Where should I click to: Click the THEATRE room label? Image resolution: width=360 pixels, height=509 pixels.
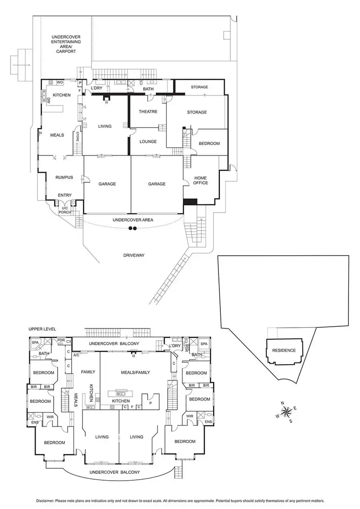click(148, 112)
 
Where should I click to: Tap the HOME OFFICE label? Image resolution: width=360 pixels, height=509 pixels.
click(200, 180)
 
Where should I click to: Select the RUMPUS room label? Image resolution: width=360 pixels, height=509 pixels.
click(64, 178)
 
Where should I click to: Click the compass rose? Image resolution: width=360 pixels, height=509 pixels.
click(286, 412)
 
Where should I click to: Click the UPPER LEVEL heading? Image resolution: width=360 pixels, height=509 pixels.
click(42, 329)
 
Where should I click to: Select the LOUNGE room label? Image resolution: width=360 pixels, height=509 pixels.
click(148, 142)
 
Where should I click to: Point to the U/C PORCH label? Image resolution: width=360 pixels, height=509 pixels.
click(64, 209)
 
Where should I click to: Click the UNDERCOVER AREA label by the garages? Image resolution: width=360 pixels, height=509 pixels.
click(133, 220)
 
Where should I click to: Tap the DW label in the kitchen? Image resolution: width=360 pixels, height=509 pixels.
click(48, 101)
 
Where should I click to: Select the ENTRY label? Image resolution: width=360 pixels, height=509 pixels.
click(64, 195)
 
